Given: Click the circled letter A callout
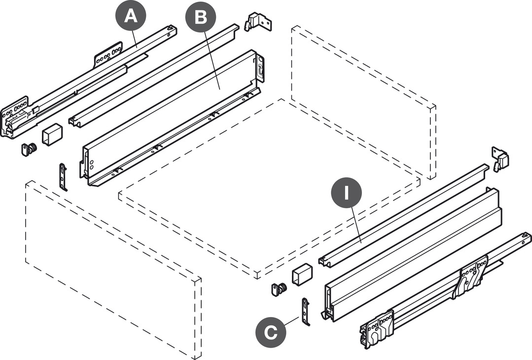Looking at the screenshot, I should click(130, 17).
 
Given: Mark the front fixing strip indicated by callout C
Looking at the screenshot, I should click(306, 311).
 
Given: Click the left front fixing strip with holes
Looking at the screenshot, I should click(63, 176).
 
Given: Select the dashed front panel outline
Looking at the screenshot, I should click(113, 269).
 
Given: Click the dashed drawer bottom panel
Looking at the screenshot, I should click(269, 187).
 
